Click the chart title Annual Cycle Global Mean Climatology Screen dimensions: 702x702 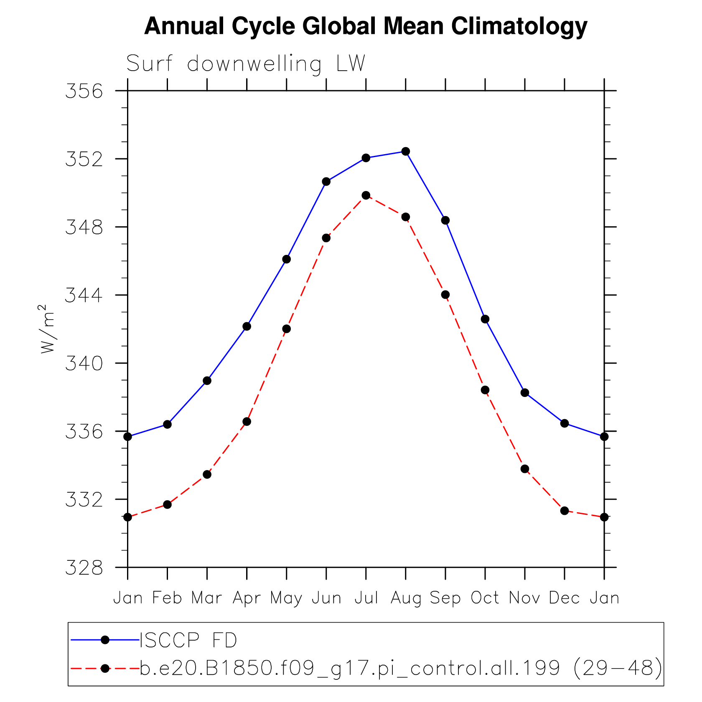tap(366, 26)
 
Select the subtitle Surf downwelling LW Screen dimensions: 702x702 tap(246, 64)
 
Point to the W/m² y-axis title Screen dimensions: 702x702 tap(47, 329)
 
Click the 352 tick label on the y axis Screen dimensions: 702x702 tap(84, 159)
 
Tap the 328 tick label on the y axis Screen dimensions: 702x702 tap(84, 568)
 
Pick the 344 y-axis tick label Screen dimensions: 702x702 tap(84, 295)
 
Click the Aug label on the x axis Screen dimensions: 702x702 tap(406, 598)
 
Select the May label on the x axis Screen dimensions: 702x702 tap(286, 598)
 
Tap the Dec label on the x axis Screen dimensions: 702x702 tap(564, 598)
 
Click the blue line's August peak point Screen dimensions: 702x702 tap(406, 151)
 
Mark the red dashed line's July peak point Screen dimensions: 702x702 tap(366, 195)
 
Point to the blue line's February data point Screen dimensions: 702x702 tap(167, 424)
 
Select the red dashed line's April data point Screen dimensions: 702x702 tap(247, 422)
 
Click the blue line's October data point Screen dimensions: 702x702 tap(485, 319)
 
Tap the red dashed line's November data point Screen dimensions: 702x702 tap(525, 469)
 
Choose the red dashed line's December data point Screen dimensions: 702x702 tap(565, 511)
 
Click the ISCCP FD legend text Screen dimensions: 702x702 tap(188, 641)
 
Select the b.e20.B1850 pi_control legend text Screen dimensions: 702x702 tap(401, 668)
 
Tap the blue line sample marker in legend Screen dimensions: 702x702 tap(105, 640)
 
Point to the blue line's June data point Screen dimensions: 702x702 tap(326, 181)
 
